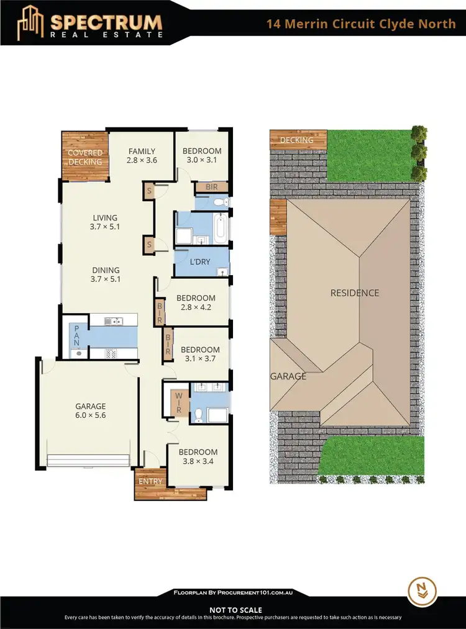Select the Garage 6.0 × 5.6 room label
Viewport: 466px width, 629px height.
pos(91,412)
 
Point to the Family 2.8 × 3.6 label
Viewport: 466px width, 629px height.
pos(142,156)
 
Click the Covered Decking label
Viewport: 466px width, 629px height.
pos(85,158)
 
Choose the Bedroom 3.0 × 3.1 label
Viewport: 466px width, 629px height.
pos(204,156)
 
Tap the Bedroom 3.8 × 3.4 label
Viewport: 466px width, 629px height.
pos(198,457)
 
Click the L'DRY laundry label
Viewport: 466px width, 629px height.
pos(200,262)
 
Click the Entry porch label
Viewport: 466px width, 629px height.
pos(150,481)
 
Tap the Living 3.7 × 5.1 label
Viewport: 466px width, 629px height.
pos(105,222)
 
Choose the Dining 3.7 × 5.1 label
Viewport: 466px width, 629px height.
pos(106,275)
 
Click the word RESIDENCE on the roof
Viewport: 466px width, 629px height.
pos(354,293)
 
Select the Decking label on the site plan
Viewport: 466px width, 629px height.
pos(297,140)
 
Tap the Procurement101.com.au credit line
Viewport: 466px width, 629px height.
pos(233,594)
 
